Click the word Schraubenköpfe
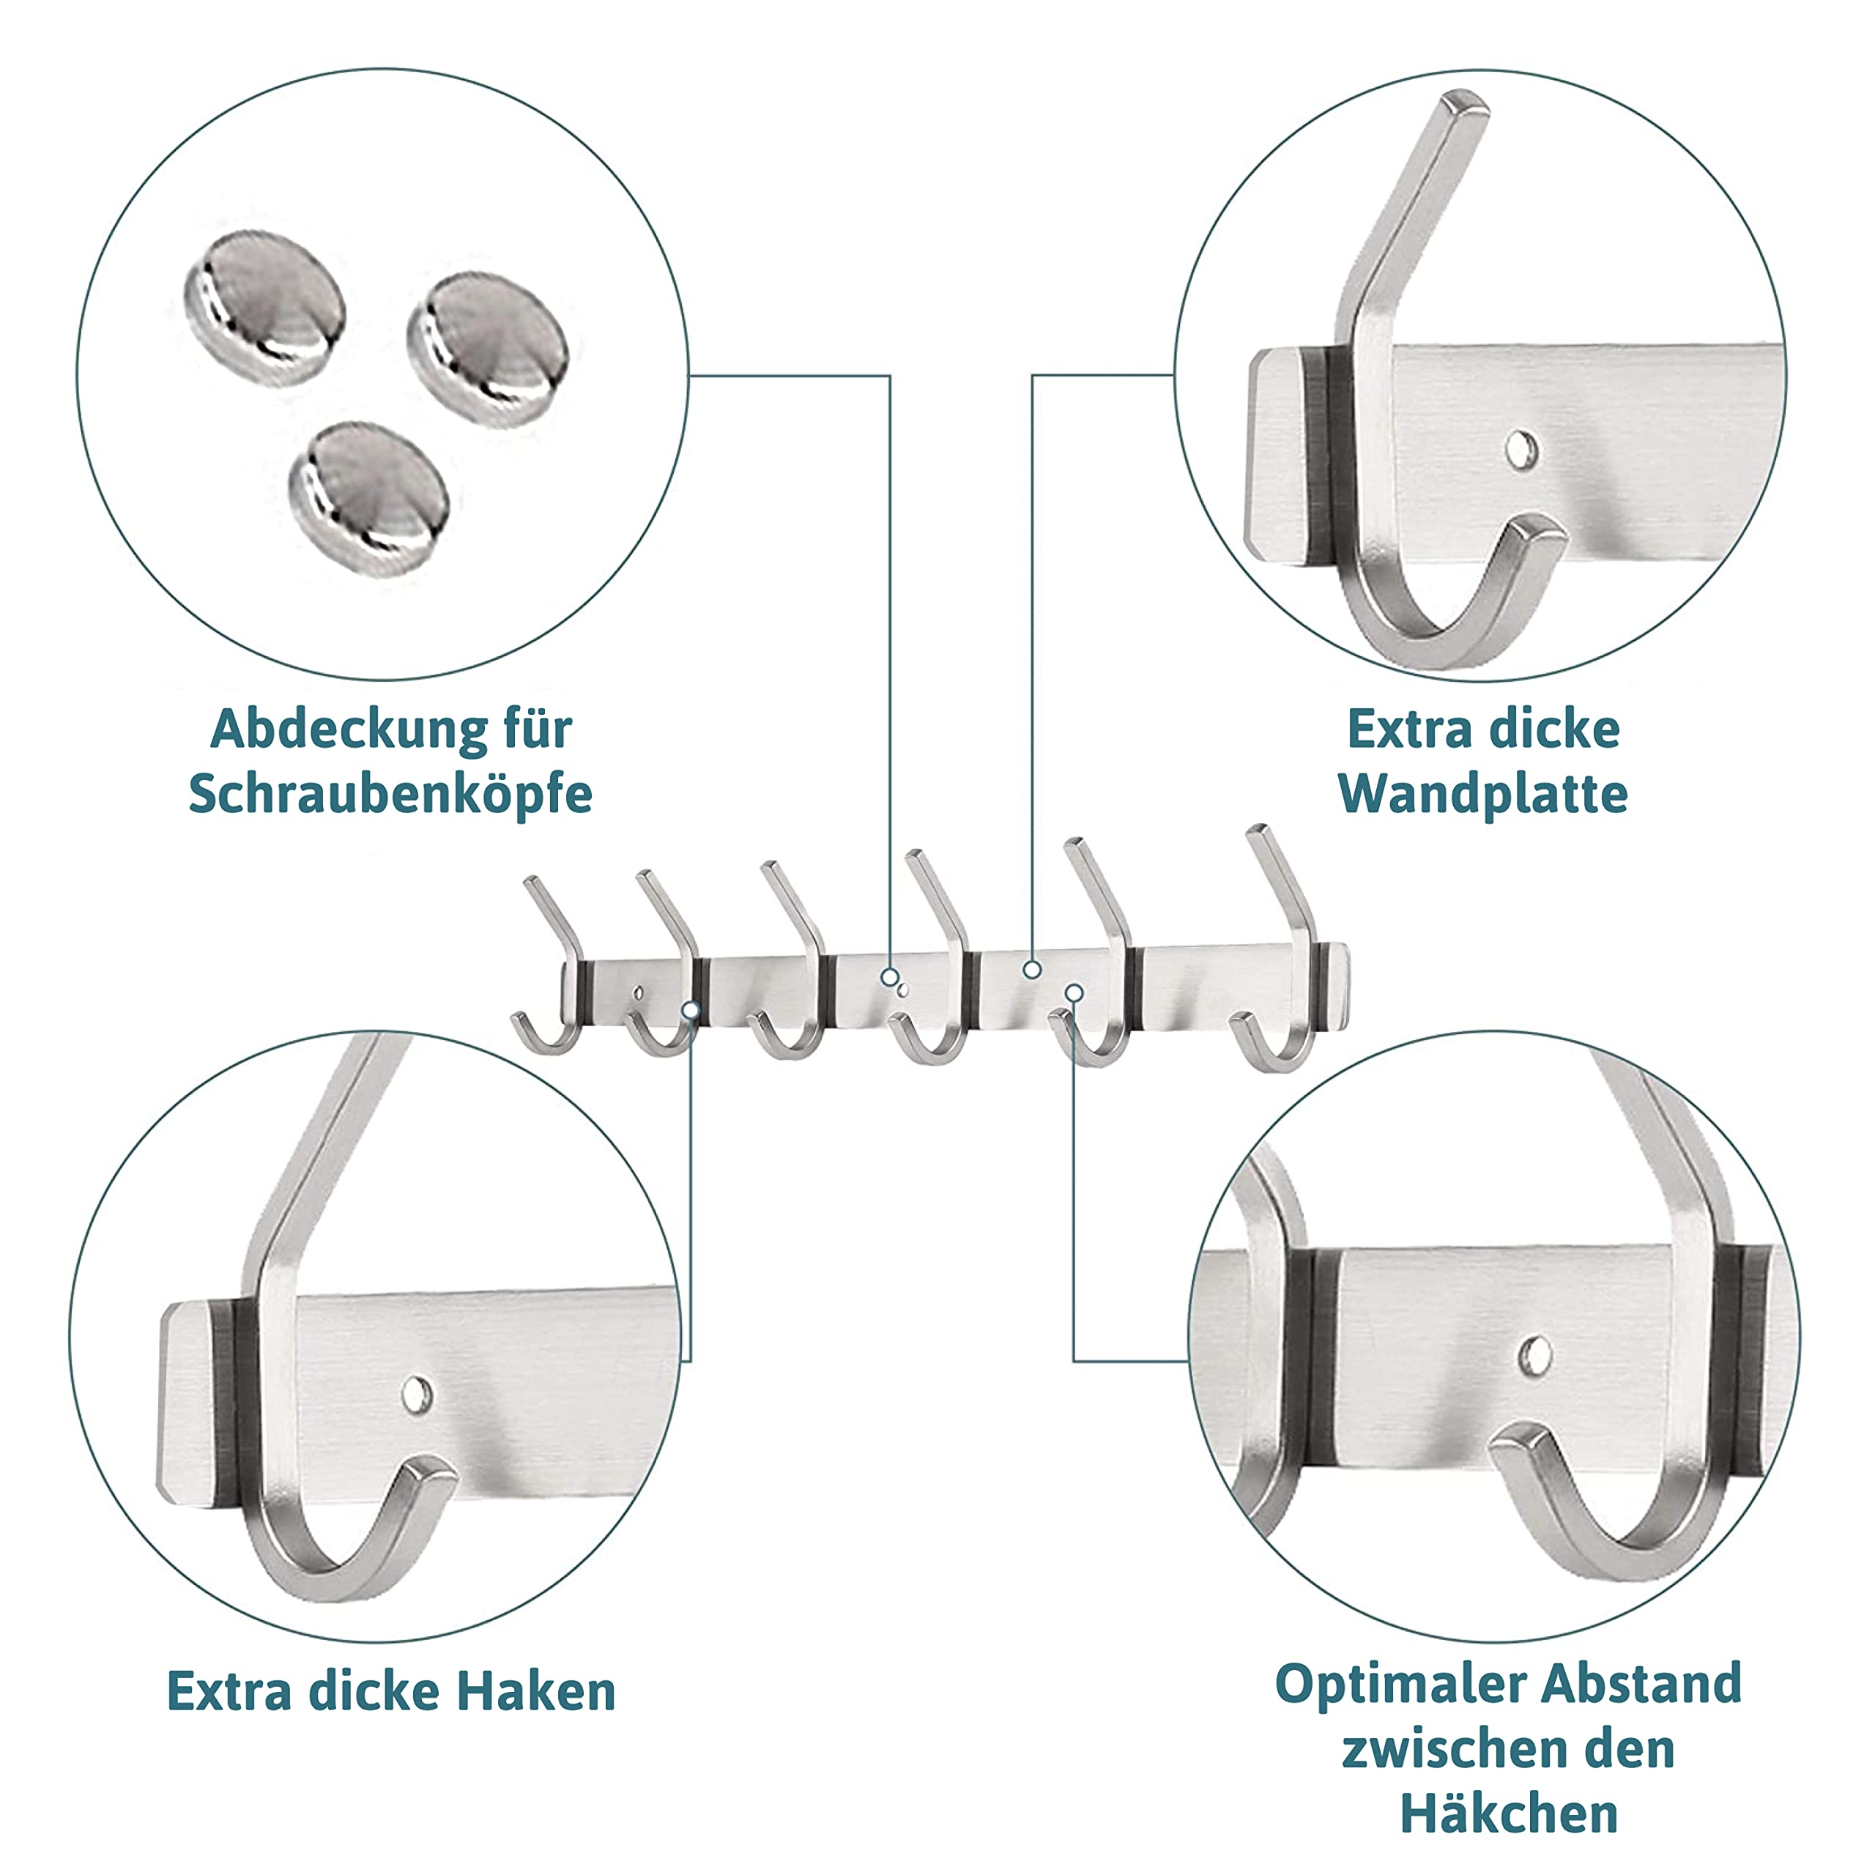pos(390,795)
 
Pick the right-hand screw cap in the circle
pos(489,347)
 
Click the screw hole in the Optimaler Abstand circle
pos(1534,1356)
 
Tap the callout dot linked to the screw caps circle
pos(890,977)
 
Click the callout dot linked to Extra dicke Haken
pos(691,1010)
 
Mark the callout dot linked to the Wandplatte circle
pos(1033,968)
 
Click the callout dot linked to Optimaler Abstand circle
pos(1074,992)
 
